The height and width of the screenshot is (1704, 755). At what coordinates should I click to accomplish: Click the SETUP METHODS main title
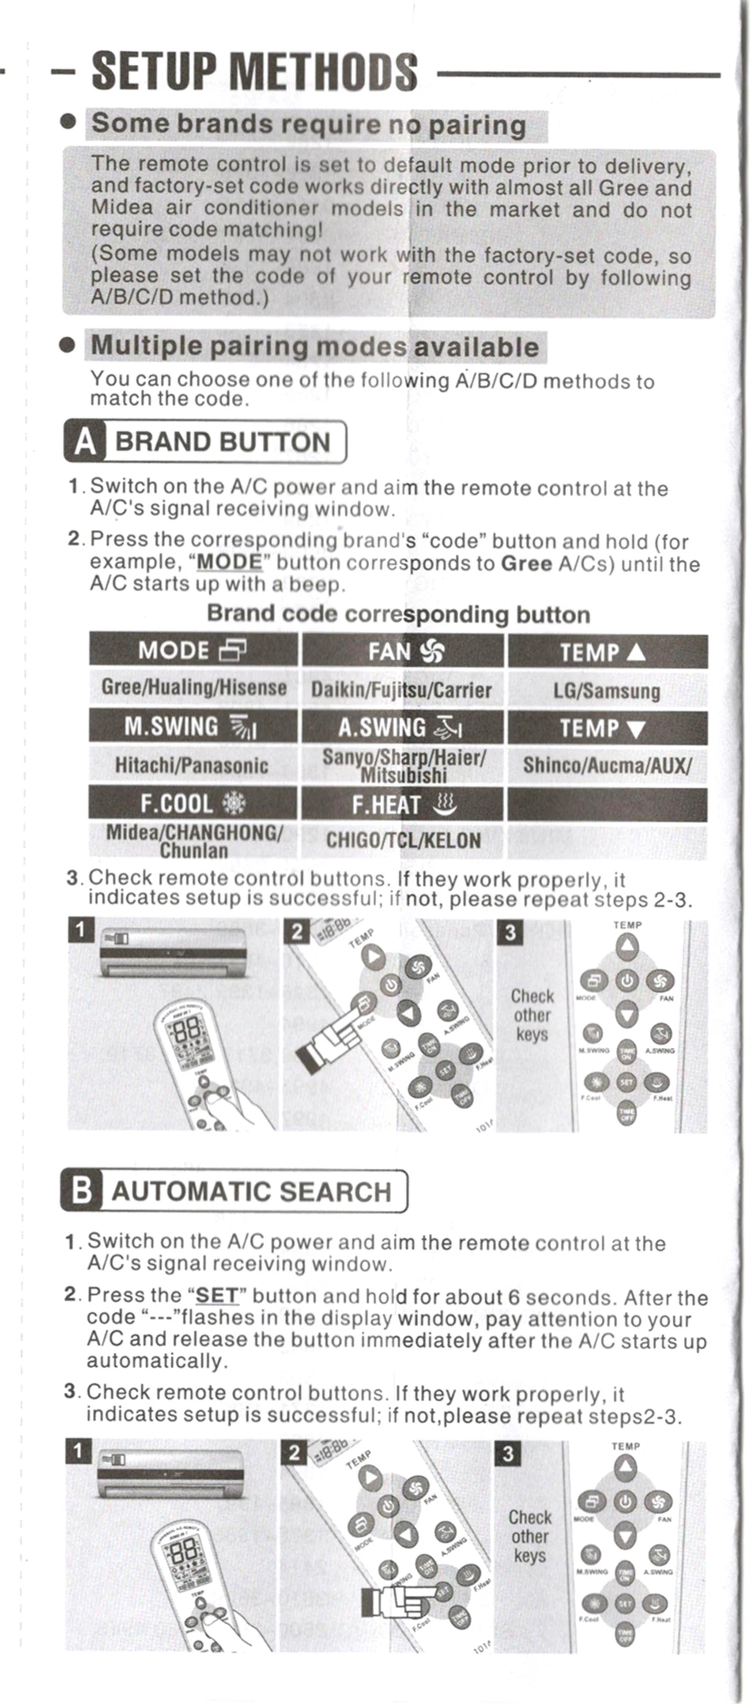click(254, 72)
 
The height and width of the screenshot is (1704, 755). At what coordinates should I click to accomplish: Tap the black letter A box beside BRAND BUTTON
click(85, 442)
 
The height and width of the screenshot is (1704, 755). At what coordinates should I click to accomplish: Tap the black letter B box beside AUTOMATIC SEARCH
click(82, 1191)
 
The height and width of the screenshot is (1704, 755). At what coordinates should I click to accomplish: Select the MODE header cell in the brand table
click(193, 650)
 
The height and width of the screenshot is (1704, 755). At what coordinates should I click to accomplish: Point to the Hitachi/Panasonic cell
click(192, 765)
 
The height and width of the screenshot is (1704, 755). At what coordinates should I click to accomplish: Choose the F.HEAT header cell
click(403, 805)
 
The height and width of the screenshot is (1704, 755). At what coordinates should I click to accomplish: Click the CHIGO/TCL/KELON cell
click(403, 840)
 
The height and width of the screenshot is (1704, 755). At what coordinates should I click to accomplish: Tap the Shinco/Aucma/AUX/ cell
click(607, 765)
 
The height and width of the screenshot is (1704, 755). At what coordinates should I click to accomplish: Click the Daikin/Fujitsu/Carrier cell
click(402, 689)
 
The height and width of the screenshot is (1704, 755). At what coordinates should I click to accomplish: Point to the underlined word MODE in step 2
click(229, 562)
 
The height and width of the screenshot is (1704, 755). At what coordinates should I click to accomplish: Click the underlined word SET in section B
click(217, 1296)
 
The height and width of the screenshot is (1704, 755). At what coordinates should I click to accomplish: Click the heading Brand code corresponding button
click(399, 615)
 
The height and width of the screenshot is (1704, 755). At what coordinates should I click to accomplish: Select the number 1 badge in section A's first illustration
click(81, 930)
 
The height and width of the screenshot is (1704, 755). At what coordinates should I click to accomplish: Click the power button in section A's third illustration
click(627, 981)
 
